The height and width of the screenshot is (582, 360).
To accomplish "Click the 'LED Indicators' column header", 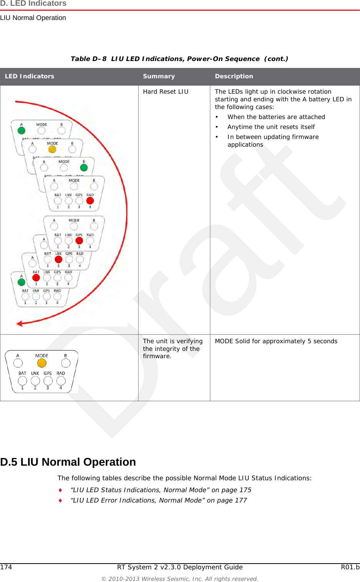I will (30, 76).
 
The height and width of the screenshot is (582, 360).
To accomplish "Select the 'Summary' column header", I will (159, 76).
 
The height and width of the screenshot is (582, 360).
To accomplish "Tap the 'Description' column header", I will (234, 76).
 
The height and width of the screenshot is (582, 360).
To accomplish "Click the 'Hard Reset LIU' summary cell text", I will (165, 92).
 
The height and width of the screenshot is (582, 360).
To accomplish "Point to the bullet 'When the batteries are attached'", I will (276, 117).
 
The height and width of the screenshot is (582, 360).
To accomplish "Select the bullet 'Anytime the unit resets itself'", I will (271, 127).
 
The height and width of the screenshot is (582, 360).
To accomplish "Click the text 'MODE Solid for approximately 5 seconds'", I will (276, 341).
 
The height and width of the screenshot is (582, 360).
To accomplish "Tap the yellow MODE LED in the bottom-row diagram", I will (42, 363).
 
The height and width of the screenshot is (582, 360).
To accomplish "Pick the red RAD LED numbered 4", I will (90, 200).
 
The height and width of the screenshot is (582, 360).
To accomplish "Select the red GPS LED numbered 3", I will (79, 241).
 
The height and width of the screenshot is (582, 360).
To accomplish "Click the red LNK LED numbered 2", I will (58, 260).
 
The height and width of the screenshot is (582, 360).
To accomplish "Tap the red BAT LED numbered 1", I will (36, 278).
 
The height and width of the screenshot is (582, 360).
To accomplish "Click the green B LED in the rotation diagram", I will (84, 168).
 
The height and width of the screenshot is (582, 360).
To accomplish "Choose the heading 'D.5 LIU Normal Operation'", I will (68, 462).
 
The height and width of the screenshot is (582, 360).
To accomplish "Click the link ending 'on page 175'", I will (161, 490).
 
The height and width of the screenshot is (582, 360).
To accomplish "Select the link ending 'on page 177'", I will (159, 501).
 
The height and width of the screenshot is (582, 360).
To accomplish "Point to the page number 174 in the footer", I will (6, 567).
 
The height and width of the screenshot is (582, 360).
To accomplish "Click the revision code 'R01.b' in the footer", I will (350, 567).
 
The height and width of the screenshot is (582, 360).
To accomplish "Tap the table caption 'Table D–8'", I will (89, 59).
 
